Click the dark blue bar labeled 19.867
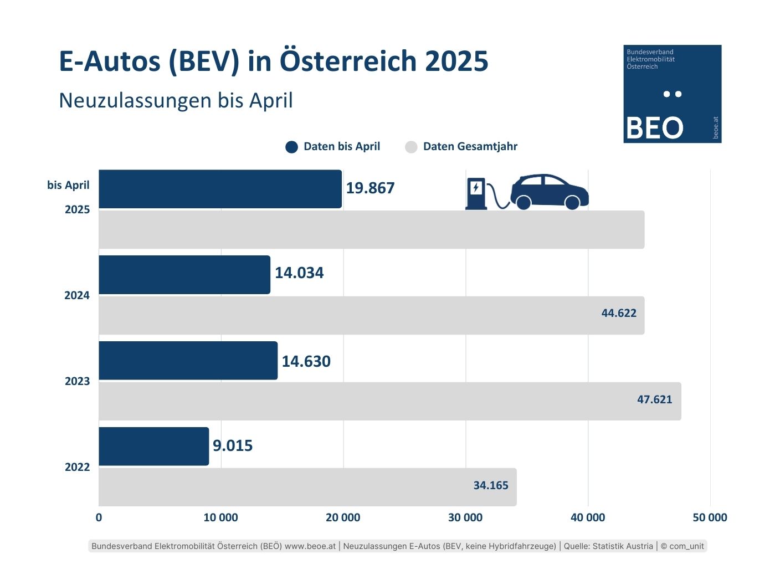(220, 189)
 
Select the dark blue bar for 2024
(184, 275)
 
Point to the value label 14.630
(306, 361)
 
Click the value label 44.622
(619, 313)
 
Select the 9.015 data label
(233, 445)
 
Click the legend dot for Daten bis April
(291, 147)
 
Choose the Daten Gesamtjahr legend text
(470, 147)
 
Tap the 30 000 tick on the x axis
(465, 517)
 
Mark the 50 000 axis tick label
(710, 517)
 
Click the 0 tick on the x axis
(99, 517)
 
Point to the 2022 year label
(77, 467)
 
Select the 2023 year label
(77, 381)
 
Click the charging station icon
(476, 193)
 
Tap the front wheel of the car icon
(572, 202)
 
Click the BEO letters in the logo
(654, 128)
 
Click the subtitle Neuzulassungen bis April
(176, 101)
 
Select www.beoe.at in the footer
(310, 546)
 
